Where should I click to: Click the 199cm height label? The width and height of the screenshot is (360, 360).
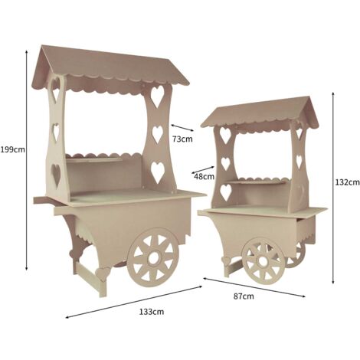[12, 149]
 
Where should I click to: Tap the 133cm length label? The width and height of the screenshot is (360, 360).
[152, 312]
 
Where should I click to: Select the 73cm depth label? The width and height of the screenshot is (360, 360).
[182, 139]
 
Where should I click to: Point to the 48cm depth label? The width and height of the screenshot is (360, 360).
[205, 176]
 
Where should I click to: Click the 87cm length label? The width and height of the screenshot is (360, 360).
[244, 296]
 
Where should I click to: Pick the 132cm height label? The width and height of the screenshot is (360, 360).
[347, 182]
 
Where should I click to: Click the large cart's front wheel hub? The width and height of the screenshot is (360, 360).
[153, 258]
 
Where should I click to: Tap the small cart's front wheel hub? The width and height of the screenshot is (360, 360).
[263, 261]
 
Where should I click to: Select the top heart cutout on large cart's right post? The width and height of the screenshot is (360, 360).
[157, 96]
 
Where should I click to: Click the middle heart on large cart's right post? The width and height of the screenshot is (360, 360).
[158, 134]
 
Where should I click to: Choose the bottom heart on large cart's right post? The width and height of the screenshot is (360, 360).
[158, 172]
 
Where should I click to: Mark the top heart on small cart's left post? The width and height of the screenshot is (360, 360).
[225, 135]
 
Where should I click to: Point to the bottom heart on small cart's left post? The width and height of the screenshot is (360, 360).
[226, 192]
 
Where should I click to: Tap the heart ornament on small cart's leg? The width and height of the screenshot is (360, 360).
[226, 261]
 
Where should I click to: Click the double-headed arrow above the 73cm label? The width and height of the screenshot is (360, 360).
[182, 128]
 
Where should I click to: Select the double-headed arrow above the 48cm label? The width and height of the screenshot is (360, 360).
[203, 170]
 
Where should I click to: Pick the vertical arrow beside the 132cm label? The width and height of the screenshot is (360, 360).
[333, 188]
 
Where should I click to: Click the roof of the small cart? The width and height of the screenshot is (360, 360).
[260, 113]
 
